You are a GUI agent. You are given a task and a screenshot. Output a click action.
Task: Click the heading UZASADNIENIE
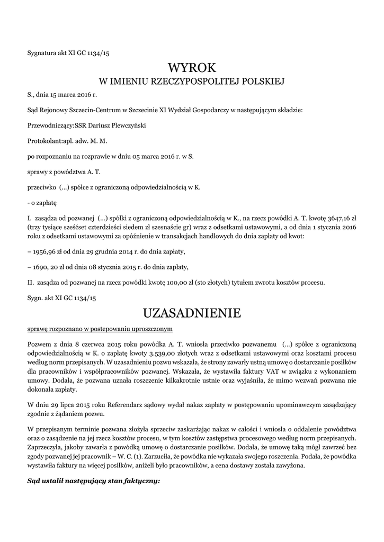click(192, 313)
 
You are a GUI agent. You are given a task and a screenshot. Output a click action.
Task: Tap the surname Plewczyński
click(127, 126)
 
